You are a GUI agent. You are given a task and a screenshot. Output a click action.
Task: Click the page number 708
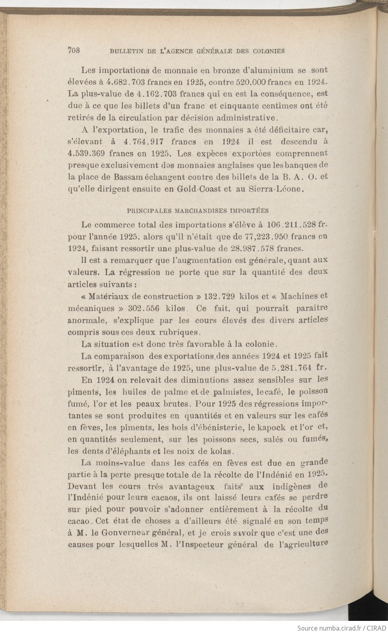[75, 51]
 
